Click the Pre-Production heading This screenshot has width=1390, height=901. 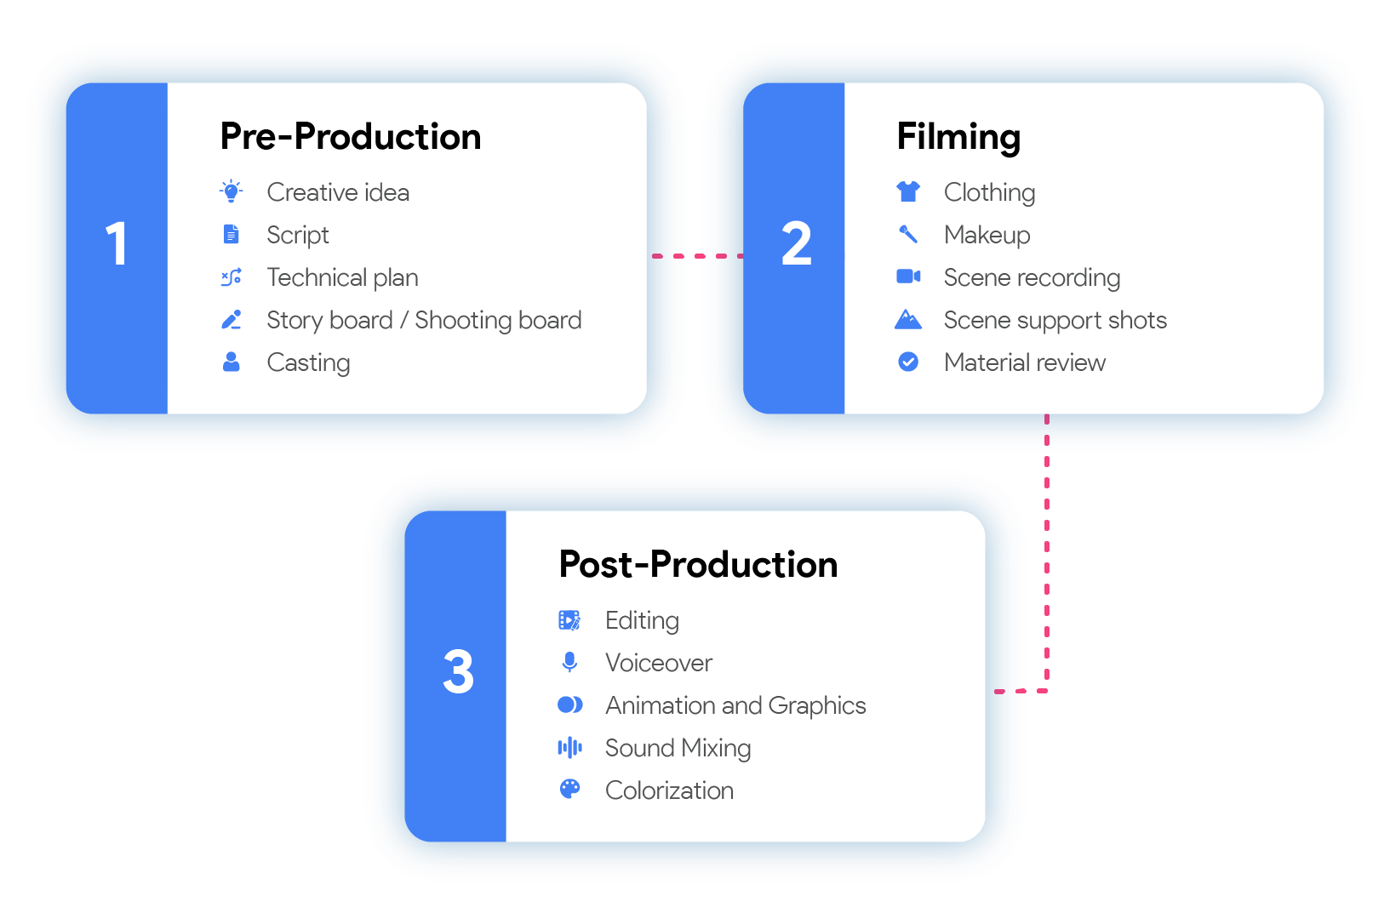350,137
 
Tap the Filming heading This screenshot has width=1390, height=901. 958,137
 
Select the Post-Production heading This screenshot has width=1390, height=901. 698,565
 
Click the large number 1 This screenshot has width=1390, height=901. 117,244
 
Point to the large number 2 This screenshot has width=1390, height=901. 796,244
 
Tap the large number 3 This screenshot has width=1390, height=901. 458,672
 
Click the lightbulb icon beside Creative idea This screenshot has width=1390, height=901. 231,191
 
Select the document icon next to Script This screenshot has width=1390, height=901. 231,234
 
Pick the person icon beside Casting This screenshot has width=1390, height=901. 231,362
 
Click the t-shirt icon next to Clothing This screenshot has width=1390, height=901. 908,191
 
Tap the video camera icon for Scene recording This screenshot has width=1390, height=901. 908,277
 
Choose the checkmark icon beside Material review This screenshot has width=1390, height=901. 908,362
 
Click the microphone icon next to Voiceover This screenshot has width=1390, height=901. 569,662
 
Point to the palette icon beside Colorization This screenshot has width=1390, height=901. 569,790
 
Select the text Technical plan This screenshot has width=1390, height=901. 342,277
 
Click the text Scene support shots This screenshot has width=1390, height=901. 1055,320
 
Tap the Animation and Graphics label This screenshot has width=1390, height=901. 735,705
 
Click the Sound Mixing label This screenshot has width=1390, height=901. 678,748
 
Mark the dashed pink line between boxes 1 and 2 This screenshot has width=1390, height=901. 696,255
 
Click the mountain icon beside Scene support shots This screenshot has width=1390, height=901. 908,320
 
